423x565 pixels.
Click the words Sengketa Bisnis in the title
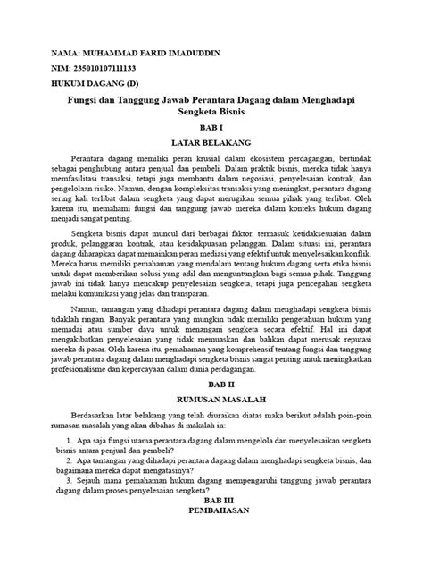coord(211,114)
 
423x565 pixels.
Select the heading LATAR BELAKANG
coord(211,142)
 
